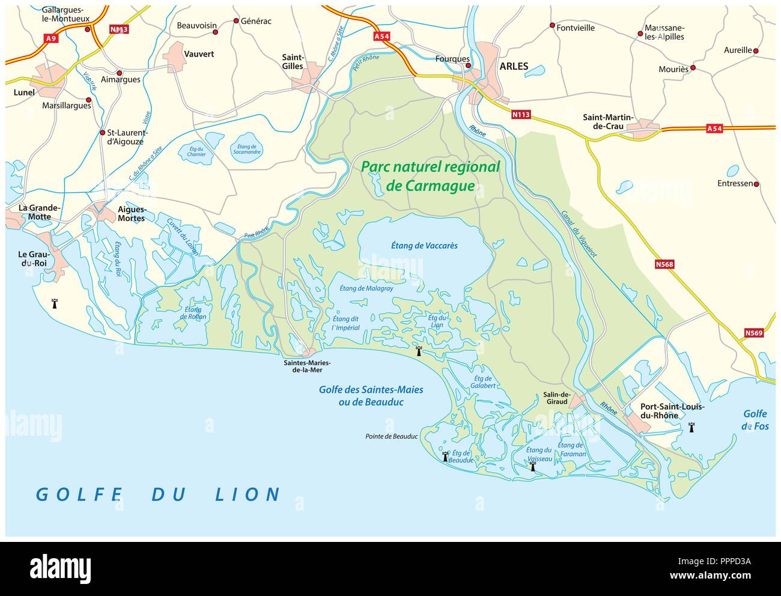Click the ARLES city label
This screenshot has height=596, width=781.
(x=514, y=67)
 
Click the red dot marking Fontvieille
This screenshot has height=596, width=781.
(x=552, y=25)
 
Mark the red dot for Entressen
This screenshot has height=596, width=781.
(x=756, y=184)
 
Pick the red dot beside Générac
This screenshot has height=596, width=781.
(x=236, y=21)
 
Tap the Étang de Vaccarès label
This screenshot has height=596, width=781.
(x=424, y=246)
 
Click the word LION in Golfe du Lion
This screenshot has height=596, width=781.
(x=248, y=494)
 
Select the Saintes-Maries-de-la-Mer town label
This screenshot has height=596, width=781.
(x=307, y=366)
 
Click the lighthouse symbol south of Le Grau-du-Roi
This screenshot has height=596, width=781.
(x=55, y=303)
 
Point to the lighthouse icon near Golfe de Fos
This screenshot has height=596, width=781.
(x=691, y=427)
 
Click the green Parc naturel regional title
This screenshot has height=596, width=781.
(x=430, y=175)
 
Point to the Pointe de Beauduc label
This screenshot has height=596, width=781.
(x=391, y=437)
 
